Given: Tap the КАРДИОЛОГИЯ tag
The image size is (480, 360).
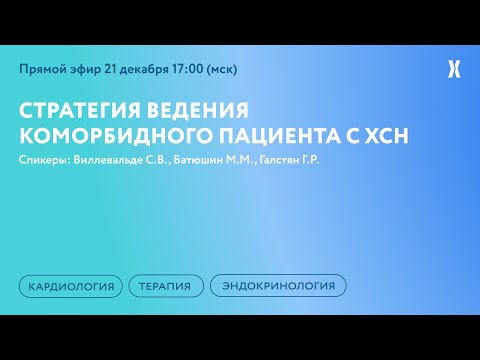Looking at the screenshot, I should click(x=70, y=285).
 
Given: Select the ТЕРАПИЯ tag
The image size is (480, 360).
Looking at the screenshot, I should click(x=166, y=285).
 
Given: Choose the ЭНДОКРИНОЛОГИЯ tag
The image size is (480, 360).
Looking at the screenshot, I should click(x=278, y=285).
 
